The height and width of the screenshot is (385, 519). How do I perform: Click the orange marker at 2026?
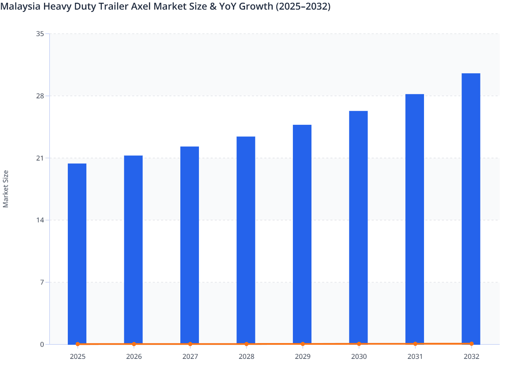pyautogui.click(x=134, y=344)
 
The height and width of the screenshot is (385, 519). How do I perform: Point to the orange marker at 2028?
pyautogui.click(x=246, y=344)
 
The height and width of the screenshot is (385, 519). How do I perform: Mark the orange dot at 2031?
pyautogui.click(x=415, y=343)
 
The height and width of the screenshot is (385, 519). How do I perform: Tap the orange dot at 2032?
pyautogui.click(x=472, y=343)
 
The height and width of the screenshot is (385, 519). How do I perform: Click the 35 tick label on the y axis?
pyautogui.click(x=40, y=34)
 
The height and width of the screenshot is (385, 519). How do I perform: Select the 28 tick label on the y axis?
pyautogui.click(x=40, y=96)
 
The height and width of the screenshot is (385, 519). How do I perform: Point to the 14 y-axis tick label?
pyautogui.click(x=40, y=220)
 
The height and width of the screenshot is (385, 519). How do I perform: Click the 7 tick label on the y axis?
pyautogui.click(x=42, y=282)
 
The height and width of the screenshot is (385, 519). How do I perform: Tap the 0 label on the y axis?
pyautogui.click(x=42, y=344)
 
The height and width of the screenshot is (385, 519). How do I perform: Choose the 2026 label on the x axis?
pyautogui.click(x=134, y=356)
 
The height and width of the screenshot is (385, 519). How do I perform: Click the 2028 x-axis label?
pyautogui.click(x=246, y=356)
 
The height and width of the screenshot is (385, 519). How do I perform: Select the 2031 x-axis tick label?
pyautogui.click(x=415, y=356)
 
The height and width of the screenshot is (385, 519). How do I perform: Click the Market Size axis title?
pyautogui.click(x=6, y=189)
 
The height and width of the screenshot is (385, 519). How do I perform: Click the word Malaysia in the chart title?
pyautogui.click(x=20, y=6)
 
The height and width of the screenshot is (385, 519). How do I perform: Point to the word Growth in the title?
pyautogui.click(x=256, y=6)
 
